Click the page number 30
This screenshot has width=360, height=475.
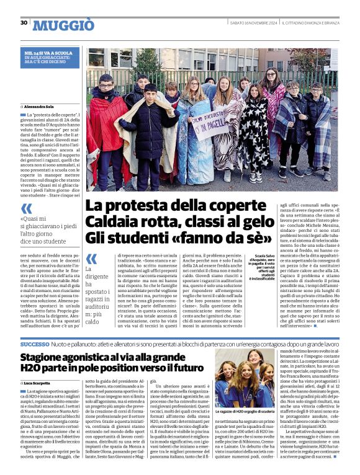pyautogui.click(x=24, y=23)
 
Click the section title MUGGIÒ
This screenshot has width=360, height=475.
pyautogui.click(x=63, y=25)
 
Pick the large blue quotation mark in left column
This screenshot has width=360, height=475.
pyautogui.click(x=26, y=209)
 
